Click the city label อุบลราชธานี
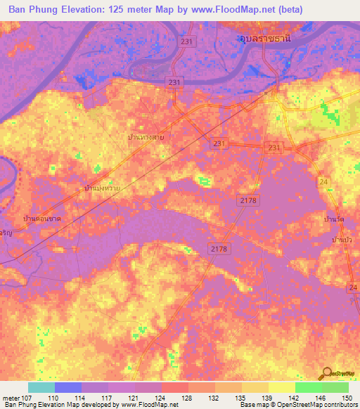[x=263, y=40]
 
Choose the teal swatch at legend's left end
[x=41, y=387]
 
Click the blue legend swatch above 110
[x=68, y=387]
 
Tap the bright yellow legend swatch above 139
[x=281, y=387]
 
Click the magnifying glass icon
[x=327, y=373]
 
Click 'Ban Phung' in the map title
[x=33, y=8]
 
